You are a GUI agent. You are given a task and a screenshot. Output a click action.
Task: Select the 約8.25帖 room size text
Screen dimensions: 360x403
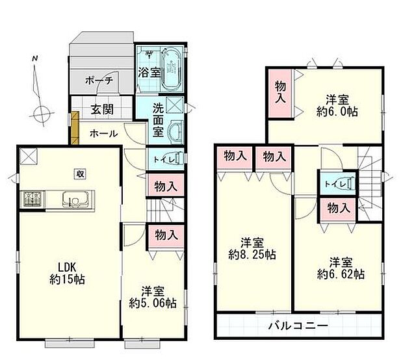[x=252, y=255]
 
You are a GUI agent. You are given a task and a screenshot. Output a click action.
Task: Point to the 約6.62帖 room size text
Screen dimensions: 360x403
[x=340, y=274]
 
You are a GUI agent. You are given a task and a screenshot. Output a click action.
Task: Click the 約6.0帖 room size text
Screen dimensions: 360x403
[x=336, y=111]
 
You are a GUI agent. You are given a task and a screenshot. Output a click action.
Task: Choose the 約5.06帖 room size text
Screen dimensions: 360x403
[x=152, y=302]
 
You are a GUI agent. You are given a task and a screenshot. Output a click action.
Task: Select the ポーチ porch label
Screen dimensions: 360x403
[x=99, y=81]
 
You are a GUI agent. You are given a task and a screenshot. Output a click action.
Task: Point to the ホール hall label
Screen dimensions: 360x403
[x=103, y=134]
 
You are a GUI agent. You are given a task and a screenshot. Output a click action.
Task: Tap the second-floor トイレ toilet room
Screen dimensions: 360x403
[x=337, y=184]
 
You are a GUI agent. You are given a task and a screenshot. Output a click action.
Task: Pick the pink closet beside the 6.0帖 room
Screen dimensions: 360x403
[x=280, y=93]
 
